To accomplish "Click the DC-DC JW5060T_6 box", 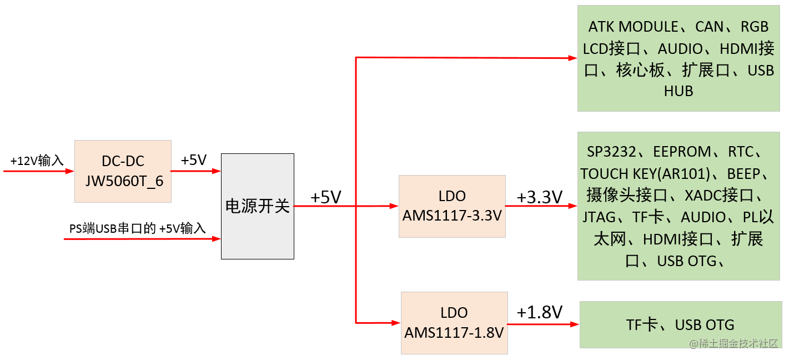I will coord(123,171).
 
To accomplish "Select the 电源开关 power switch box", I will coord(257,206).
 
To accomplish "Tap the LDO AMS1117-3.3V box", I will coord(452,206).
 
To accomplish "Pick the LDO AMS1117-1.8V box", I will coord(454,323).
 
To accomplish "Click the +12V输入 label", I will coord(37,161).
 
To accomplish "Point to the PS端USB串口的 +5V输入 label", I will coord(138,228).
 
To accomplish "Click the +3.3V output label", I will coord(539,197).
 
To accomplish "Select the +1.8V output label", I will coord(539,312).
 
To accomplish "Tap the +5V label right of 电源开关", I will coord(325,197).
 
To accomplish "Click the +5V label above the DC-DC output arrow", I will coord(193,161).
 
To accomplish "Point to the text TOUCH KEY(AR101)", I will coord(646,174).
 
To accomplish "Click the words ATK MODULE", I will coord(633,27).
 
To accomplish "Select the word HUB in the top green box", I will coord(679,92).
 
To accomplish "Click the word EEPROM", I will coord(682,152).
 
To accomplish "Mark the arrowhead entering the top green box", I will coord(572,58).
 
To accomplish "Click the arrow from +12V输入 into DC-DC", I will coord(39,171).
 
